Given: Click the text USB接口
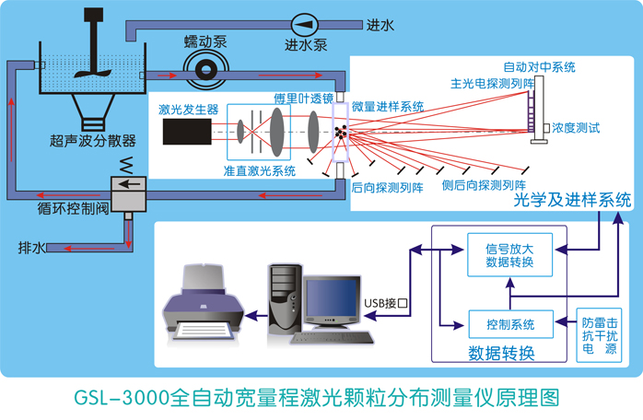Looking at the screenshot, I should point(386,301).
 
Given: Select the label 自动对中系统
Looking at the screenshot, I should point(539,67).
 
